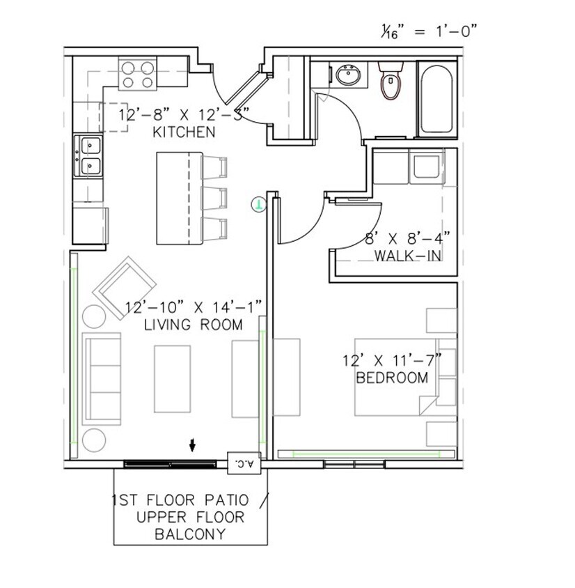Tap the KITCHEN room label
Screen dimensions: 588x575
(184, 132)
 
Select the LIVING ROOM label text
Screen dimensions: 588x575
(193, 325)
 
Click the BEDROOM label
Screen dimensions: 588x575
(391, 378)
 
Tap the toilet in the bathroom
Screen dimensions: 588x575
(392, 82)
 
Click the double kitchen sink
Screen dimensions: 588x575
(90, 156)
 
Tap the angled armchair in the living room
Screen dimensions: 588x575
(127, 286)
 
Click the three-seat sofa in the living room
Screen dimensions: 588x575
(102, 379)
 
